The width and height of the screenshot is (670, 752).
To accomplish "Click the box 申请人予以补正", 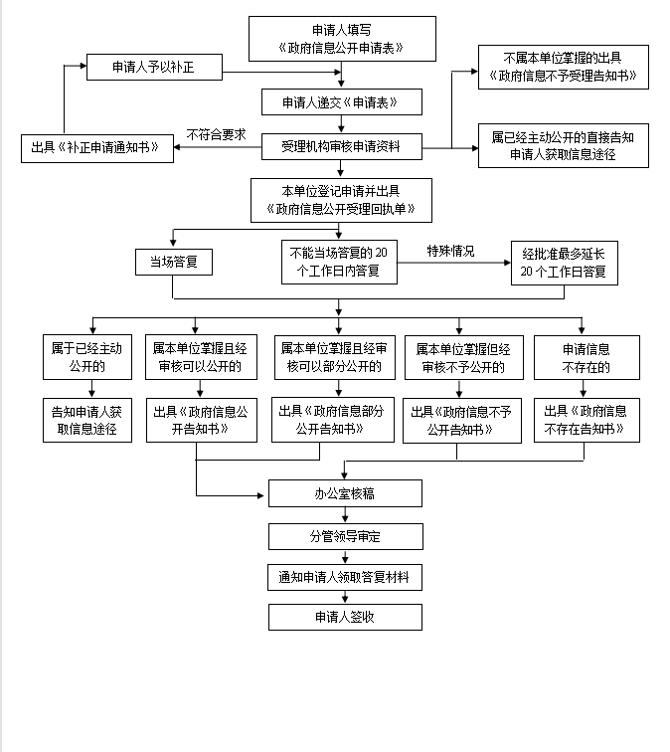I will pos(153,68).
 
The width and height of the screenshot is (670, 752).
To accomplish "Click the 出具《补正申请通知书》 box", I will pos(97,148).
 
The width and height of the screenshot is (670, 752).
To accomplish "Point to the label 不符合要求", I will pos(216,133).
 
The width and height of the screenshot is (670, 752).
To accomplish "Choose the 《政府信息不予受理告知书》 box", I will pos(563,67).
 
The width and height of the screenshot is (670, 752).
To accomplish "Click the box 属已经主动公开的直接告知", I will pos(563,145).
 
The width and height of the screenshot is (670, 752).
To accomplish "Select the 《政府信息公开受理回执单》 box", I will pos(341,200).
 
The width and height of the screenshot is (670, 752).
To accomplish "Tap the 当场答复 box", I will pos(174,263).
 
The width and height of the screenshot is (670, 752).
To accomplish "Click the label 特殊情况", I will pos(450,251).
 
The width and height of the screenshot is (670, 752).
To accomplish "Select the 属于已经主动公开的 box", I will pos(87,358).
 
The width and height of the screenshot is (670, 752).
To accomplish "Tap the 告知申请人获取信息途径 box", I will pos(87,421).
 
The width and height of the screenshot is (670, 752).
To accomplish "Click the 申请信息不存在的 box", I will pos(586,358).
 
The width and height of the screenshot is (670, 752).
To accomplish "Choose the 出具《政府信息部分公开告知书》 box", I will pos(335,420).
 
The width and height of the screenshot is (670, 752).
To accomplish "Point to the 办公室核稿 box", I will pos(345,493).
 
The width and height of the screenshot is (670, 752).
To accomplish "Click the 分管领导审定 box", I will pos(345,537).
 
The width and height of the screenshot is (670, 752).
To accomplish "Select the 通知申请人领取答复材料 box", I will pos(345,577).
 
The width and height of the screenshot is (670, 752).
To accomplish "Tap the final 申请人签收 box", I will pos(345,617).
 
